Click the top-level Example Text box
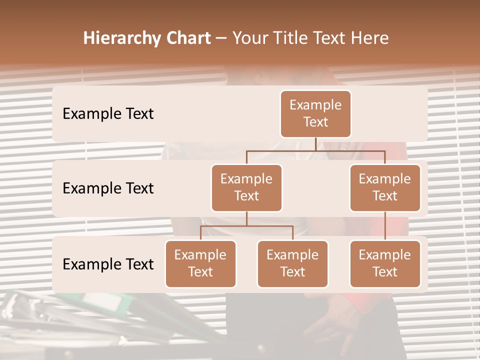(x=315, y=114)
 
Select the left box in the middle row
(x=246, y=188)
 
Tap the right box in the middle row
(x=385, y=188)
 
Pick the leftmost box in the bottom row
(x=200, y=264)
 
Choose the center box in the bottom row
(x=292, y=264)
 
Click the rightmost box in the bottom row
(x=385, y=264)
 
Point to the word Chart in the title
(x=188, y=38)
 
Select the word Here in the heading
(x=369, y=38)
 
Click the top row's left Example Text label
(x=108, y=114)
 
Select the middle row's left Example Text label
(x=108, y=188)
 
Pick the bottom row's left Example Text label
(x=108, y=264)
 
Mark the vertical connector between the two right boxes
(x=385, y=226)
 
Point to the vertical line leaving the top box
(x=315, y=144)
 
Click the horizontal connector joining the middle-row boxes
(x=315, y=150)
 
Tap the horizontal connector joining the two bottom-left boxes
(x=246, y=226)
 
